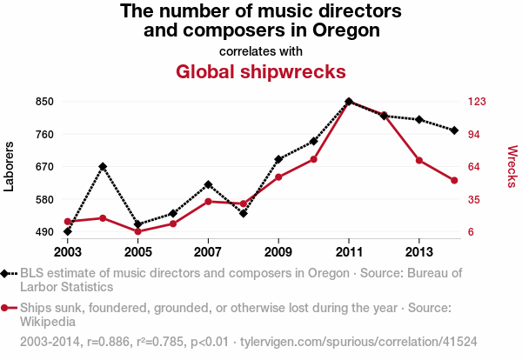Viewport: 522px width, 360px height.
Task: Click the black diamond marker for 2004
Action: tap(103, 166)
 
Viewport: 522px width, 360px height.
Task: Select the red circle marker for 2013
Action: tap(419, 160)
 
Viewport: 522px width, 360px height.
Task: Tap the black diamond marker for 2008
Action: tap(244, 213)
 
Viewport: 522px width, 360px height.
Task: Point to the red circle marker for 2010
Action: tap(314, 159)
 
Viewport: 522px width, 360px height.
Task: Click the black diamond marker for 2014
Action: tap(454, 130)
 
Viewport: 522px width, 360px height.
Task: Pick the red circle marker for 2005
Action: tap(137, 231)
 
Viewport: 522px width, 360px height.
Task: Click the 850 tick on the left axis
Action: tap(44, 102)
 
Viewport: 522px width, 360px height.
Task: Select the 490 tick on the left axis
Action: tap(44, 232)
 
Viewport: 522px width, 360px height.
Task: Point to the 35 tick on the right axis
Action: tap(473, 199)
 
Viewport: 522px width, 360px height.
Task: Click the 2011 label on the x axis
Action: tap(349, 251)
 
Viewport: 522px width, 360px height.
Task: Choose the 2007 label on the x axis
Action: tap(208, 251)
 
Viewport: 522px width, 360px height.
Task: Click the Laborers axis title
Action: tap(10, 166)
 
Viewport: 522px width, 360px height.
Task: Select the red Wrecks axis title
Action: tap(512, 166)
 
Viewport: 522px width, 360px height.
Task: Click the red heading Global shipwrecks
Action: tap(261, 71)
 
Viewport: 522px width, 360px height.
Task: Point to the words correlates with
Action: tap(261, 50)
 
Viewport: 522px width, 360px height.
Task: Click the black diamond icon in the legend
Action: tap(6, 273)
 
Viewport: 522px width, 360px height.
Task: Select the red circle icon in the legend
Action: tap(6, 308)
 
